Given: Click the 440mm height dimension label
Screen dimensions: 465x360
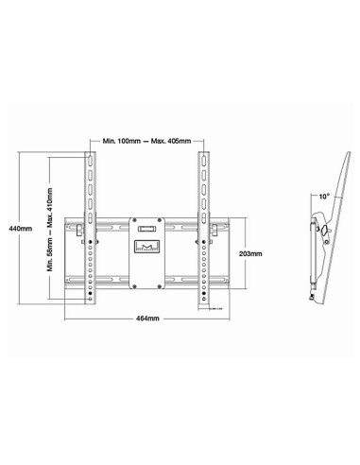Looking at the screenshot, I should click(x=19, y=229).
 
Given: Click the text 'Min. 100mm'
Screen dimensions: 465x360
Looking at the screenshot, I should click(x=122, y=140).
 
